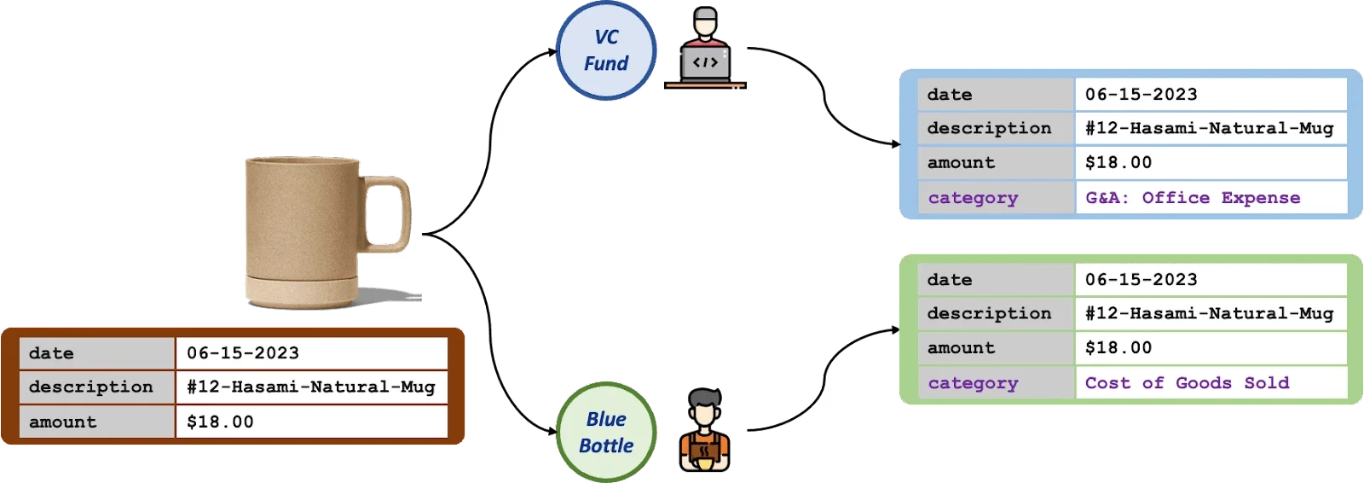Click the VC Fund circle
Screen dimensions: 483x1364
point(605,51)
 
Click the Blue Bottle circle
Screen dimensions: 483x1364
point(605,433)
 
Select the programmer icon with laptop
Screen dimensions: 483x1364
point(705,51)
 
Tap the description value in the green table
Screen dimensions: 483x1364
point(1210,313)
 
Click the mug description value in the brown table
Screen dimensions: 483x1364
point(311,387)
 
